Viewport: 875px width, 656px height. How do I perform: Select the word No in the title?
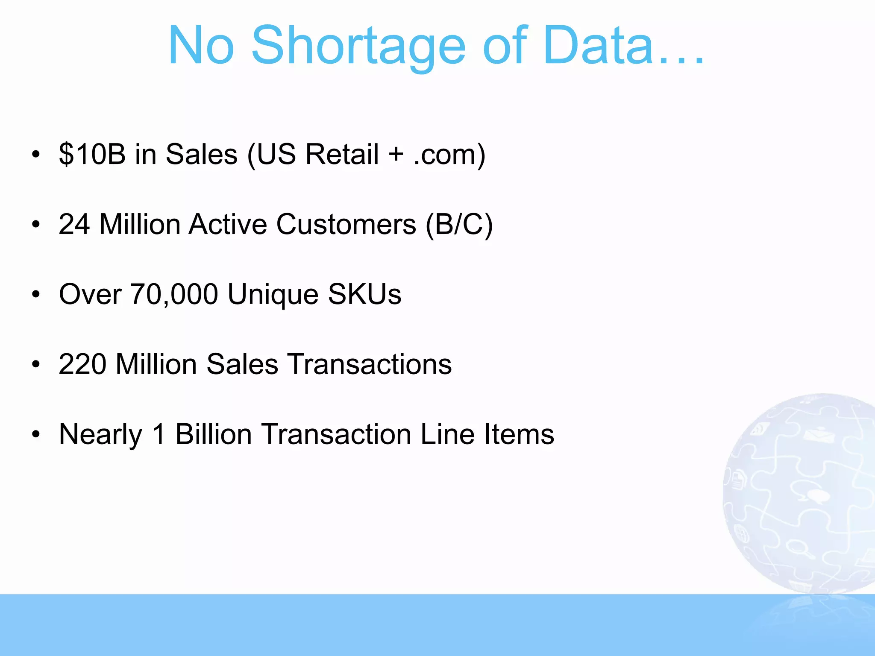click(201, 46)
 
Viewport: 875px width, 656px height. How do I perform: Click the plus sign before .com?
click(396, 155)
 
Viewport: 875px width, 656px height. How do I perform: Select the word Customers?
click(346, 224)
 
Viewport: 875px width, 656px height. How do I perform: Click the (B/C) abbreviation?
click(459, 225)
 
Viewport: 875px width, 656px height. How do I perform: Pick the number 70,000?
click(174, 295)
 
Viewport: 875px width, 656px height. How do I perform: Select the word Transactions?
click(370, 364)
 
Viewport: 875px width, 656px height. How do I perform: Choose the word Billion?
click(214, 434)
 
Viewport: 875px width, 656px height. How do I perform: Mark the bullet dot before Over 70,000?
click(36, 294)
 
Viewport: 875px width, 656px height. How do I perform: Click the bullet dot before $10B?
click(36, 154)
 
